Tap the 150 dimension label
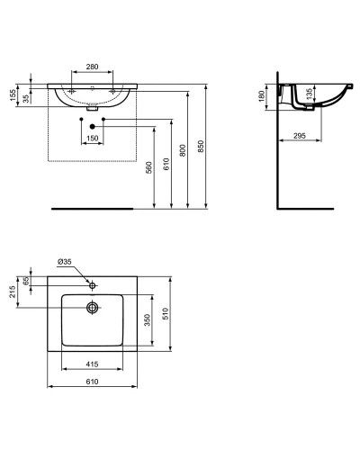click(93, 138)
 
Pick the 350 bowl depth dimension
click(148, 319)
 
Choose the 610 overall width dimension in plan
click(91, 381)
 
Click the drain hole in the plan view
click(92, 307)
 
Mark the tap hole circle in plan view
click(92, 283)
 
